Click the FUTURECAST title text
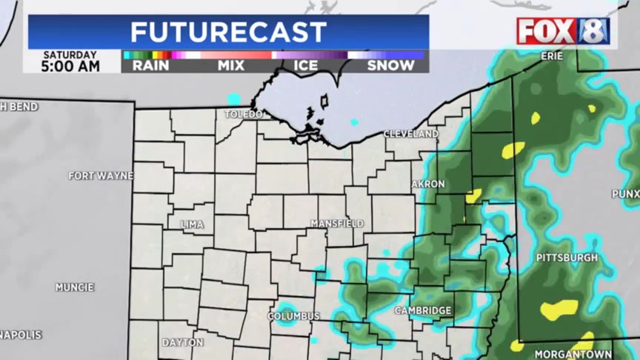point(228,33)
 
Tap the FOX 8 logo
point(563,31)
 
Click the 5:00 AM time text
point(71,67)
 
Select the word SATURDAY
point(70,55)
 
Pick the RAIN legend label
point(150,65)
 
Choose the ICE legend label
point(306,65)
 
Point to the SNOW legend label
point(390,65)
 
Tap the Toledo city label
point(244,114)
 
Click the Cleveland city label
point(411,134)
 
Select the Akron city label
point(428,184)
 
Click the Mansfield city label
point(337,223)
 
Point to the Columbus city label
point(294,316)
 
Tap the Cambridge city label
point(423,310)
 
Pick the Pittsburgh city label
point(567,257)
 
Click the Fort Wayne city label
point(101,176)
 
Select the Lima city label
point(193,224)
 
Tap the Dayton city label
point(182,342)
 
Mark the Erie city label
point(551,56)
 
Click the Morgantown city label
point(573,354)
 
